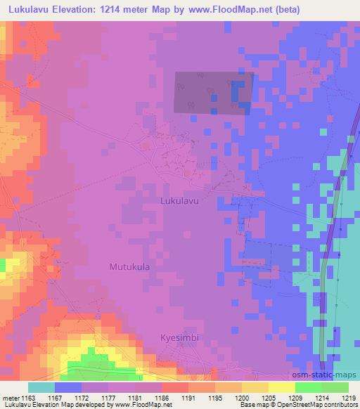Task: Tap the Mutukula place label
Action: pyautogui.click(x=131, y=267)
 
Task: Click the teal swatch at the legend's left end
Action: pyautogui.click(x=41, y=387)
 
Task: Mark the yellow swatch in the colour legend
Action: pyautogui.click(x=281, y=387)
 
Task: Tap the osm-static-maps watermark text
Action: pyautogui.click(x=328, y=378)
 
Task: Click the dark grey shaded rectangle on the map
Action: pyautogui.click(x=212, y=92)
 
